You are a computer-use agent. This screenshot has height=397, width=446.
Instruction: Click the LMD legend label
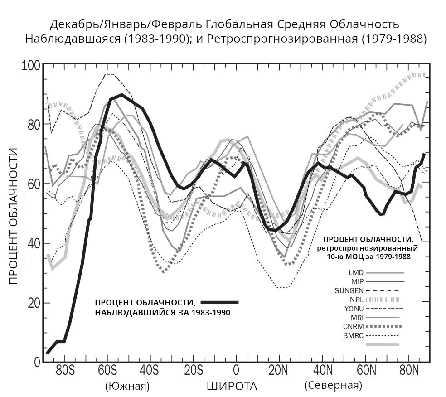tap(356, 273)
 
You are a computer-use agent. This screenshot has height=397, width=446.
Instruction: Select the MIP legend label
tap(357, 281)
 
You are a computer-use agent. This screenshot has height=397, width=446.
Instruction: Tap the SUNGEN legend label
tap(349, 290)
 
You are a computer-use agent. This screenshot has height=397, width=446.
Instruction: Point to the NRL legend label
tap(357, 300)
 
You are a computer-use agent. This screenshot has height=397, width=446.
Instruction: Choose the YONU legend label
tap(354, 309)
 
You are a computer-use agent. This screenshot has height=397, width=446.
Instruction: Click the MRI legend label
tap(357, 317)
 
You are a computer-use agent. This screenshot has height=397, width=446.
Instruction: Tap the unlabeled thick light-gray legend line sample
tap(383, 344)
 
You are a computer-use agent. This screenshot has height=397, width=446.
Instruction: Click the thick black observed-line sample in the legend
tap(219, 302)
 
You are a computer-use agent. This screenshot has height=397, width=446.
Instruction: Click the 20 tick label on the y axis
tap(34, 303)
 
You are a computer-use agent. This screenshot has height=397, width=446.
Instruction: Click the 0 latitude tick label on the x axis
tap(236, 370)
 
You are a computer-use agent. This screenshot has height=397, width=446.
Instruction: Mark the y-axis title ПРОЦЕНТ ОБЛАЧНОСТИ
tap(14, 215)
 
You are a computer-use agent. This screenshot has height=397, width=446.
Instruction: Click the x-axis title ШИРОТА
tap(232, 387)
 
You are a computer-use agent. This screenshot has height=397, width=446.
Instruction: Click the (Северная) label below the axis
tap(333, 386)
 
